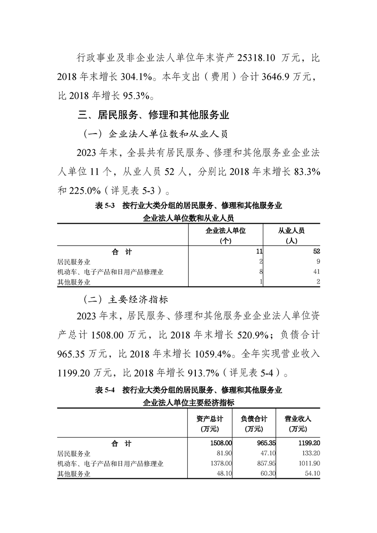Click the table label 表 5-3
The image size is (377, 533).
106,206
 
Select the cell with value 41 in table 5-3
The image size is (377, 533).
316,272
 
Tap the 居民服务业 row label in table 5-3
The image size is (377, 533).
74,262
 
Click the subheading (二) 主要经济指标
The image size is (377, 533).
125,300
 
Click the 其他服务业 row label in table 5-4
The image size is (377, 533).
74,474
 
